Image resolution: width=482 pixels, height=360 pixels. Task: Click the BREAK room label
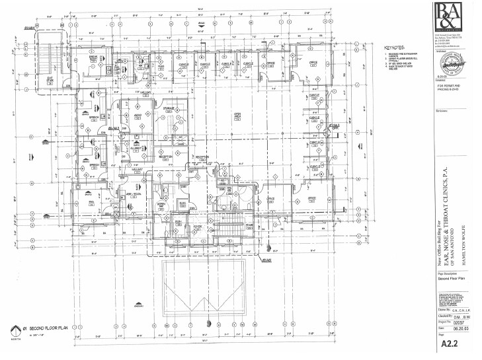(x=93, y=58)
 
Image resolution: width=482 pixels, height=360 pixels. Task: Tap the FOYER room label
(x=196, y=225)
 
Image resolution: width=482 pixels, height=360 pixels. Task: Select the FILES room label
(x=161, y=66)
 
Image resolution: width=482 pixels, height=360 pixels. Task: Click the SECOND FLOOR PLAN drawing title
(x=50, y=328)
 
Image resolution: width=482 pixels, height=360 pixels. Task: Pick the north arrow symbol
(x=14, y=330)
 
